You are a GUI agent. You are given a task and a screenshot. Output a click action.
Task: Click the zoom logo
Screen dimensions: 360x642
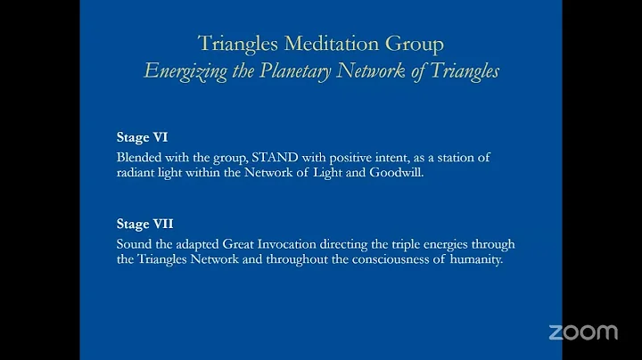pyautogui.click(x=582, y=332)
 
